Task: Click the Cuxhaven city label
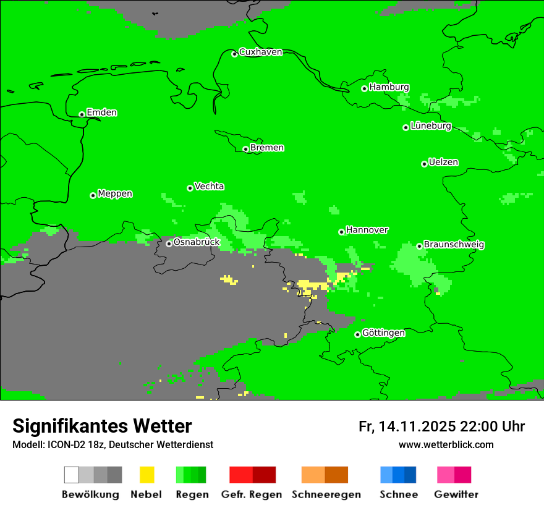coord(260,52)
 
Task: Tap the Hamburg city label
coord(389,87)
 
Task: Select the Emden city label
coord(101,112)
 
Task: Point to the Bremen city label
coord(267,148)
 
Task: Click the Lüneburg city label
coord(431,125)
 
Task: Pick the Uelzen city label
coord(443,162)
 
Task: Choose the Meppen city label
coord(115,193)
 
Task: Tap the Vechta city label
coord(209,186)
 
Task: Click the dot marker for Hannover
coord(341,232)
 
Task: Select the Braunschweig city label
coord(454,244)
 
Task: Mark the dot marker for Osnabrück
coord(169,244)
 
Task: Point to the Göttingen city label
coord(383,333)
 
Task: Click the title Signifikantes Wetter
coord(102,426)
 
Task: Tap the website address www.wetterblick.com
coord(446,444)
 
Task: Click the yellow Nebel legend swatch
coord(147,475)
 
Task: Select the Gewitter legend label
coord(456,494)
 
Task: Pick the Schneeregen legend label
coord(326,494)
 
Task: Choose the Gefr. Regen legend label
coord(251,494)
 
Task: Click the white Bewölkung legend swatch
coord(72,475)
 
